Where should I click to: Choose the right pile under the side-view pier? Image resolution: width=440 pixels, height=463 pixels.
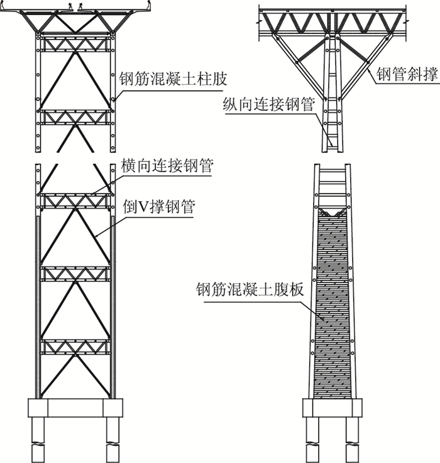point(353,440)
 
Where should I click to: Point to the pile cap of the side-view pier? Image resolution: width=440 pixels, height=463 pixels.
point(333,408)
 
